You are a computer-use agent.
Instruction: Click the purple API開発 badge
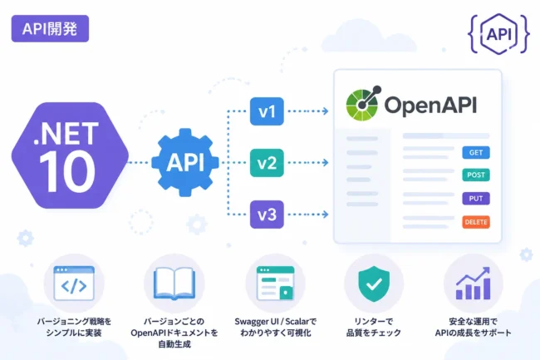[x=50, y=28]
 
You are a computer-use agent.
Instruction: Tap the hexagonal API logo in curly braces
[x=498, y=34]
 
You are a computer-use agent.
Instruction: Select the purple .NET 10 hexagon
[x=70, y=155]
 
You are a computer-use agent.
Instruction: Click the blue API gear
[x=185, y=162]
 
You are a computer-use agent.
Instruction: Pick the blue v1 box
[x=267, y=111]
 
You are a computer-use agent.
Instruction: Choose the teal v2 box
[x=267, y=163]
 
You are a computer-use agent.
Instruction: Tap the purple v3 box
[x=267, y=215]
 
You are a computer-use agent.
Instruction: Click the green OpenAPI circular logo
[x=363, y=103]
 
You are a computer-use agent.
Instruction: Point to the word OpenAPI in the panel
[x=430, y=105]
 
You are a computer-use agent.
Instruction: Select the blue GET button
[x=476, y=153]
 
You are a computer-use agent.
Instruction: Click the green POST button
[x=476, y=175]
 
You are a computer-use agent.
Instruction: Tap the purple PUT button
[x=476, y=199]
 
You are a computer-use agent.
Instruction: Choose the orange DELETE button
[x=476, y=222]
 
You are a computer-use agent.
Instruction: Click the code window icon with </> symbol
[x=74, y=284]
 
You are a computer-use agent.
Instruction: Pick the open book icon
[x=174, y=284]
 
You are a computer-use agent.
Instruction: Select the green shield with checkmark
[x=374, y=284]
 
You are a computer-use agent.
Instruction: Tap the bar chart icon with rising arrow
[x=474, y=284]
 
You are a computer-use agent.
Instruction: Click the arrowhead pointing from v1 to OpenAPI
[x=325, y=111]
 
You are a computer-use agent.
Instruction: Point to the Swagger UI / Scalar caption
[x=276, y=322]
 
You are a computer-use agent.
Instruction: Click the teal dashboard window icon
[x=276, y=284]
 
